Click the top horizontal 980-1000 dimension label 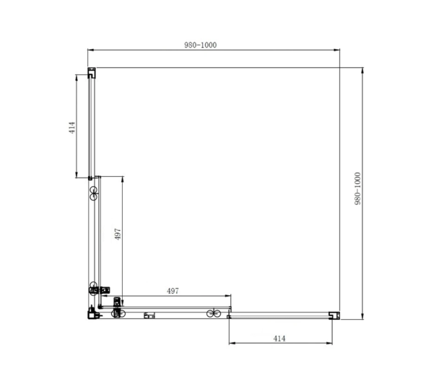tap(200, 45)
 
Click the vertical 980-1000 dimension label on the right tap(357, 188)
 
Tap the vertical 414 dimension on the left tap(71, 128)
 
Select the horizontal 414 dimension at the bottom tap(279, 339)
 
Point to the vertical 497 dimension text tap(118, 234)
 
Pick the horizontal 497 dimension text tap(173, 291)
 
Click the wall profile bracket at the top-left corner tap(92, 73)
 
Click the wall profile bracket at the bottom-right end tap(334, 315)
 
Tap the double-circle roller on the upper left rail tap(93, 193)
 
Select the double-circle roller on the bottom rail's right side tap(214, 313)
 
